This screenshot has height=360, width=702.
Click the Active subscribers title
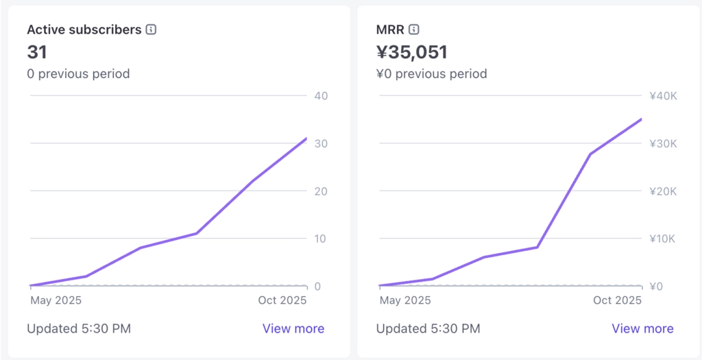(x=84, y=29)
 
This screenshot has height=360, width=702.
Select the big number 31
(x=36, y=51)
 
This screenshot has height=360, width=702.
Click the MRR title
(x=389, y=29)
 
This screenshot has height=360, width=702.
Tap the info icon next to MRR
(x=414, y=29)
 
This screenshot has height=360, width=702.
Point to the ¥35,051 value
(x=411, y=51)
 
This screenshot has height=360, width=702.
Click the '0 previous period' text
(x=78, y=73)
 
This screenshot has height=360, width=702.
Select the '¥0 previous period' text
(x=431, y=73)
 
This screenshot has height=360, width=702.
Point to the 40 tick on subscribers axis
(x=321, y=95)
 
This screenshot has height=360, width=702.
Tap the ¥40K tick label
(x=663, y=95)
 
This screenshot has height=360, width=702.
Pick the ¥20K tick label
(x=663, y=191)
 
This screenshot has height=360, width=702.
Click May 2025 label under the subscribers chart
(x=56, y=300)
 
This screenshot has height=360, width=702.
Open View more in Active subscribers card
(x=293, y=328)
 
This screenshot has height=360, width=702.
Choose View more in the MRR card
(x=642, y=328)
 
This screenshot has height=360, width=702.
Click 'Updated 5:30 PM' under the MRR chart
(x=428, y=328)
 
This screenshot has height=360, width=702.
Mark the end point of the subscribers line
(x=306, y=139)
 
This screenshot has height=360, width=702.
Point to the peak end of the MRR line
(x=642, y=119)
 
